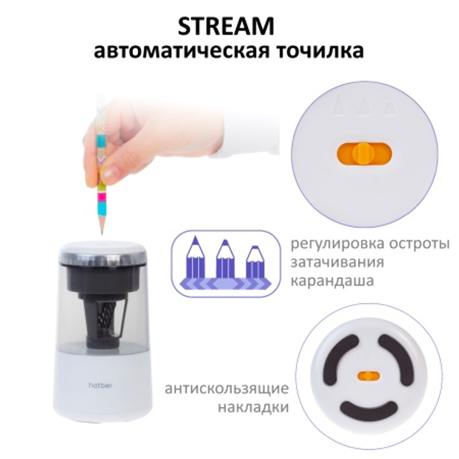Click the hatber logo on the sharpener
tap(101, 385)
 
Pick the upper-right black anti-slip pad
tap(400, 358)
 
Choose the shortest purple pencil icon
tap(256, 263)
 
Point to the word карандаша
tap(332, 281)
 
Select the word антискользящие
tap(227, 389)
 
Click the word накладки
tap(253, 408)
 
